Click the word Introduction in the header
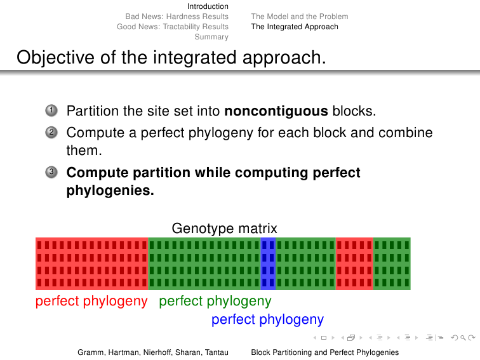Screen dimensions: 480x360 (x=208, y=6)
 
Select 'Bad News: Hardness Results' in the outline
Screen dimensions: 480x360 (x=177, y=17)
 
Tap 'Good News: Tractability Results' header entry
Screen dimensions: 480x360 (x=172, y=27)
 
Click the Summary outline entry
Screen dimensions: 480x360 (x=211, y=37)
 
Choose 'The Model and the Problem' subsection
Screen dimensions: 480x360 (x=300, y=17)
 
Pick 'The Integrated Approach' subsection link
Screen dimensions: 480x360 (x=295, y=27)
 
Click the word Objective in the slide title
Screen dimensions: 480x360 (x=55, y=58)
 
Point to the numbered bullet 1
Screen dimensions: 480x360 (x=51, y=110)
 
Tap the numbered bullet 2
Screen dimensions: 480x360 (x=51, y=133)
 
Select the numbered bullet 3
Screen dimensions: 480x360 (x=51, y=172)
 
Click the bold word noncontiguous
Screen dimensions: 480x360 (x=276, y=111)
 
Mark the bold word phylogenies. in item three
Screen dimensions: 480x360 (x=110, y=190)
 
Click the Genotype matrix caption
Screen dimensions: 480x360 (x=224, y=229)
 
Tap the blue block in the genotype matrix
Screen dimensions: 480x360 (x=268, y=263)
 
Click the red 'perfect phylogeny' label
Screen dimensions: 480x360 (x=91, y=301)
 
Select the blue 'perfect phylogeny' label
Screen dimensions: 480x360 (x=267, y=319)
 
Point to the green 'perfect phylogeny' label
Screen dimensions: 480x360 (x=215, y=301)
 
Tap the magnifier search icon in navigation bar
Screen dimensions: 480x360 (x=463, y=338)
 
